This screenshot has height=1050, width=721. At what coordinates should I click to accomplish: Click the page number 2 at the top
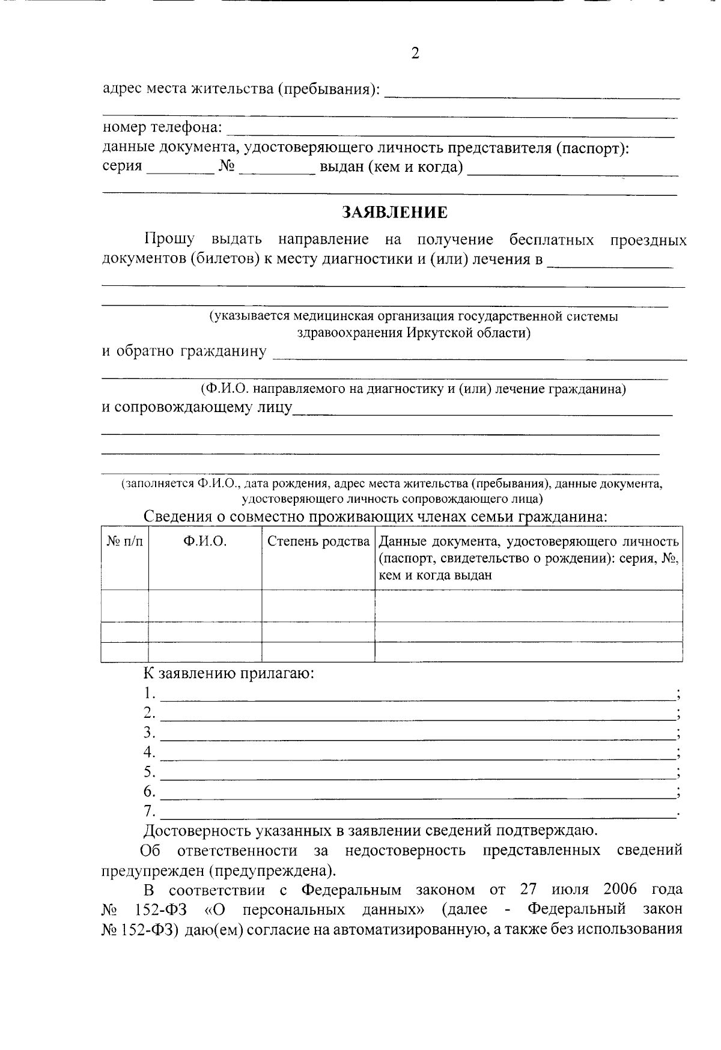(415, 53)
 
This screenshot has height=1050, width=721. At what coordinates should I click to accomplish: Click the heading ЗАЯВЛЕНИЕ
(395, 213)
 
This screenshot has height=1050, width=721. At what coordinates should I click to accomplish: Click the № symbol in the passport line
(226, 166)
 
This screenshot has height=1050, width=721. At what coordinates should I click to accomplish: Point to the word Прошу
(169, 240)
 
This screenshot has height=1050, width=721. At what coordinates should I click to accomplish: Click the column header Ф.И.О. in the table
(205, 541)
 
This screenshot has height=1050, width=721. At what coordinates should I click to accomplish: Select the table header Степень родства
(318, 541)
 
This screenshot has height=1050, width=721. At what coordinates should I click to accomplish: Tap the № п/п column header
(125, 541)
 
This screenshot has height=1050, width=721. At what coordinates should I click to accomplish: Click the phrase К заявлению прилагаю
(229, 673)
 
